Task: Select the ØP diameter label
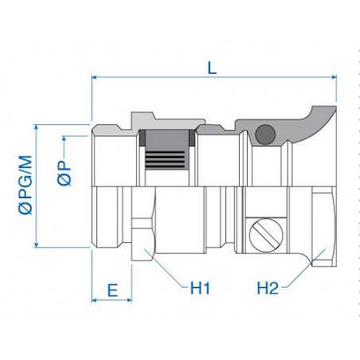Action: [66, 167]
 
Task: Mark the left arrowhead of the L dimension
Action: [97, 78]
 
